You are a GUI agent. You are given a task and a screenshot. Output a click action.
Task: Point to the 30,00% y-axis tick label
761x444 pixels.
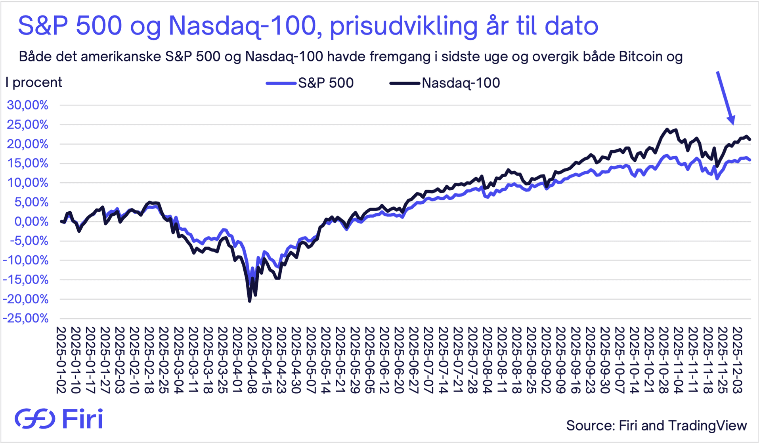point(27,105)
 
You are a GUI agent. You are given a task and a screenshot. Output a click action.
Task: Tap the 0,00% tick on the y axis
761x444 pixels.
point(31,221)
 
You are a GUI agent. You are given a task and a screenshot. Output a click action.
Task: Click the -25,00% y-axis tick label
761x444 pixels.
point(26,318)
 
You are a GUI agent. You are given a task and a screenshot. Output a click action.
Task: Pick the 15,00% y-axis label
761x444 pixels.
point(27,163)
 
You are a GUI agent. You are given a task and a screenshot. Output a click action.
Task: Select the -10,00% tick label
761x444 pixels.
point(26,260)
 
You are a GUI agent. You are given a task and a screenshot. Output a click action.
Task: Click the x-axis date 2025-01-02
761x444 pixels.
point(61,360)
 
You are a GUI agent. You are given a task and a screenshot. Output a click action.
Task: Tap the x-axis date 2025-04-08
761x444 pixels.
point(252,360)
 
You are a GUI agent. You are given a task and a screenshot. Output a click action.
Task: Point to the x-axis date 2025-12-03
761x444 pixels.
point(737,360)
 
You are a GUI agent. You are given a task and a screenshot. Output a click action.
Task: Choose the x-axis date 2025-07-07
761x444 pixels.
point(428,360)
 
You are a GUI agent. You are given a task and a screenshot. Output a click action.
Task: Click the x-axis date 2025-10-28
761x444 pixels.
point(663,360)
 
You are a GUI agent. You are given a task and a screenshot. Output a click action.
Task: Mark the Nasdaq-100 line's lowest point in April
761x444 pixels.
point(250,301)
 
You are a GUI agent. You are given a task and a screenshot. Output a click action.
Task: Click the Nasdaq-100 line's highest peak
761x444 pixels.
point(667,129)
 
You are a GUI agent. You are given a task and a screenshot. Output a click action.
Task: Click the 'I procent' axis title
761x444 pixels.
point(34,82)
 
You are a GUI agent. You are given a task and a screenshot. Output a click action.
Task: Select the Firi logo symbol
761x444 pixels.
point(35,419)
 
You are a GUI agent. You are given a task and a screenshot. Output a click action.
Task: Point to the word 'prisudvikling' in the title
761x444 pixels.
point(403,26)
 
